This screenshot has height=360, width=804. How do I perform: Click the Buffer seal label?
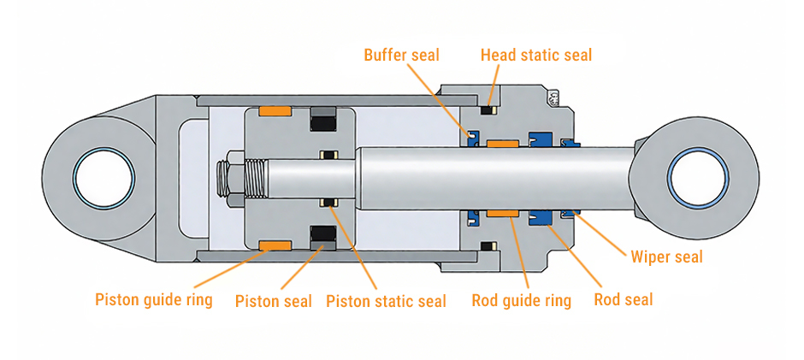[401, 56]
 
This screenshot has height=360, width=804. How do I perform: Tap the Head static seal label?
[535, 56]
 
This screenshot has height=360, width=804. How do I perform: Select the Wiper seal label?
[666, 256]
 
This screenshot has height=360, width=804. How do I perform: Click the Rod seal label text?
[624, 299]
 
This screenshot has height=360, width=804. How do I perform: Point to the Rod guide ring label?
[521, 300]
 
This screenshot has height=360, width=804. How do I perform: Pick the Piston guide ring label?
[155, 300]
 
